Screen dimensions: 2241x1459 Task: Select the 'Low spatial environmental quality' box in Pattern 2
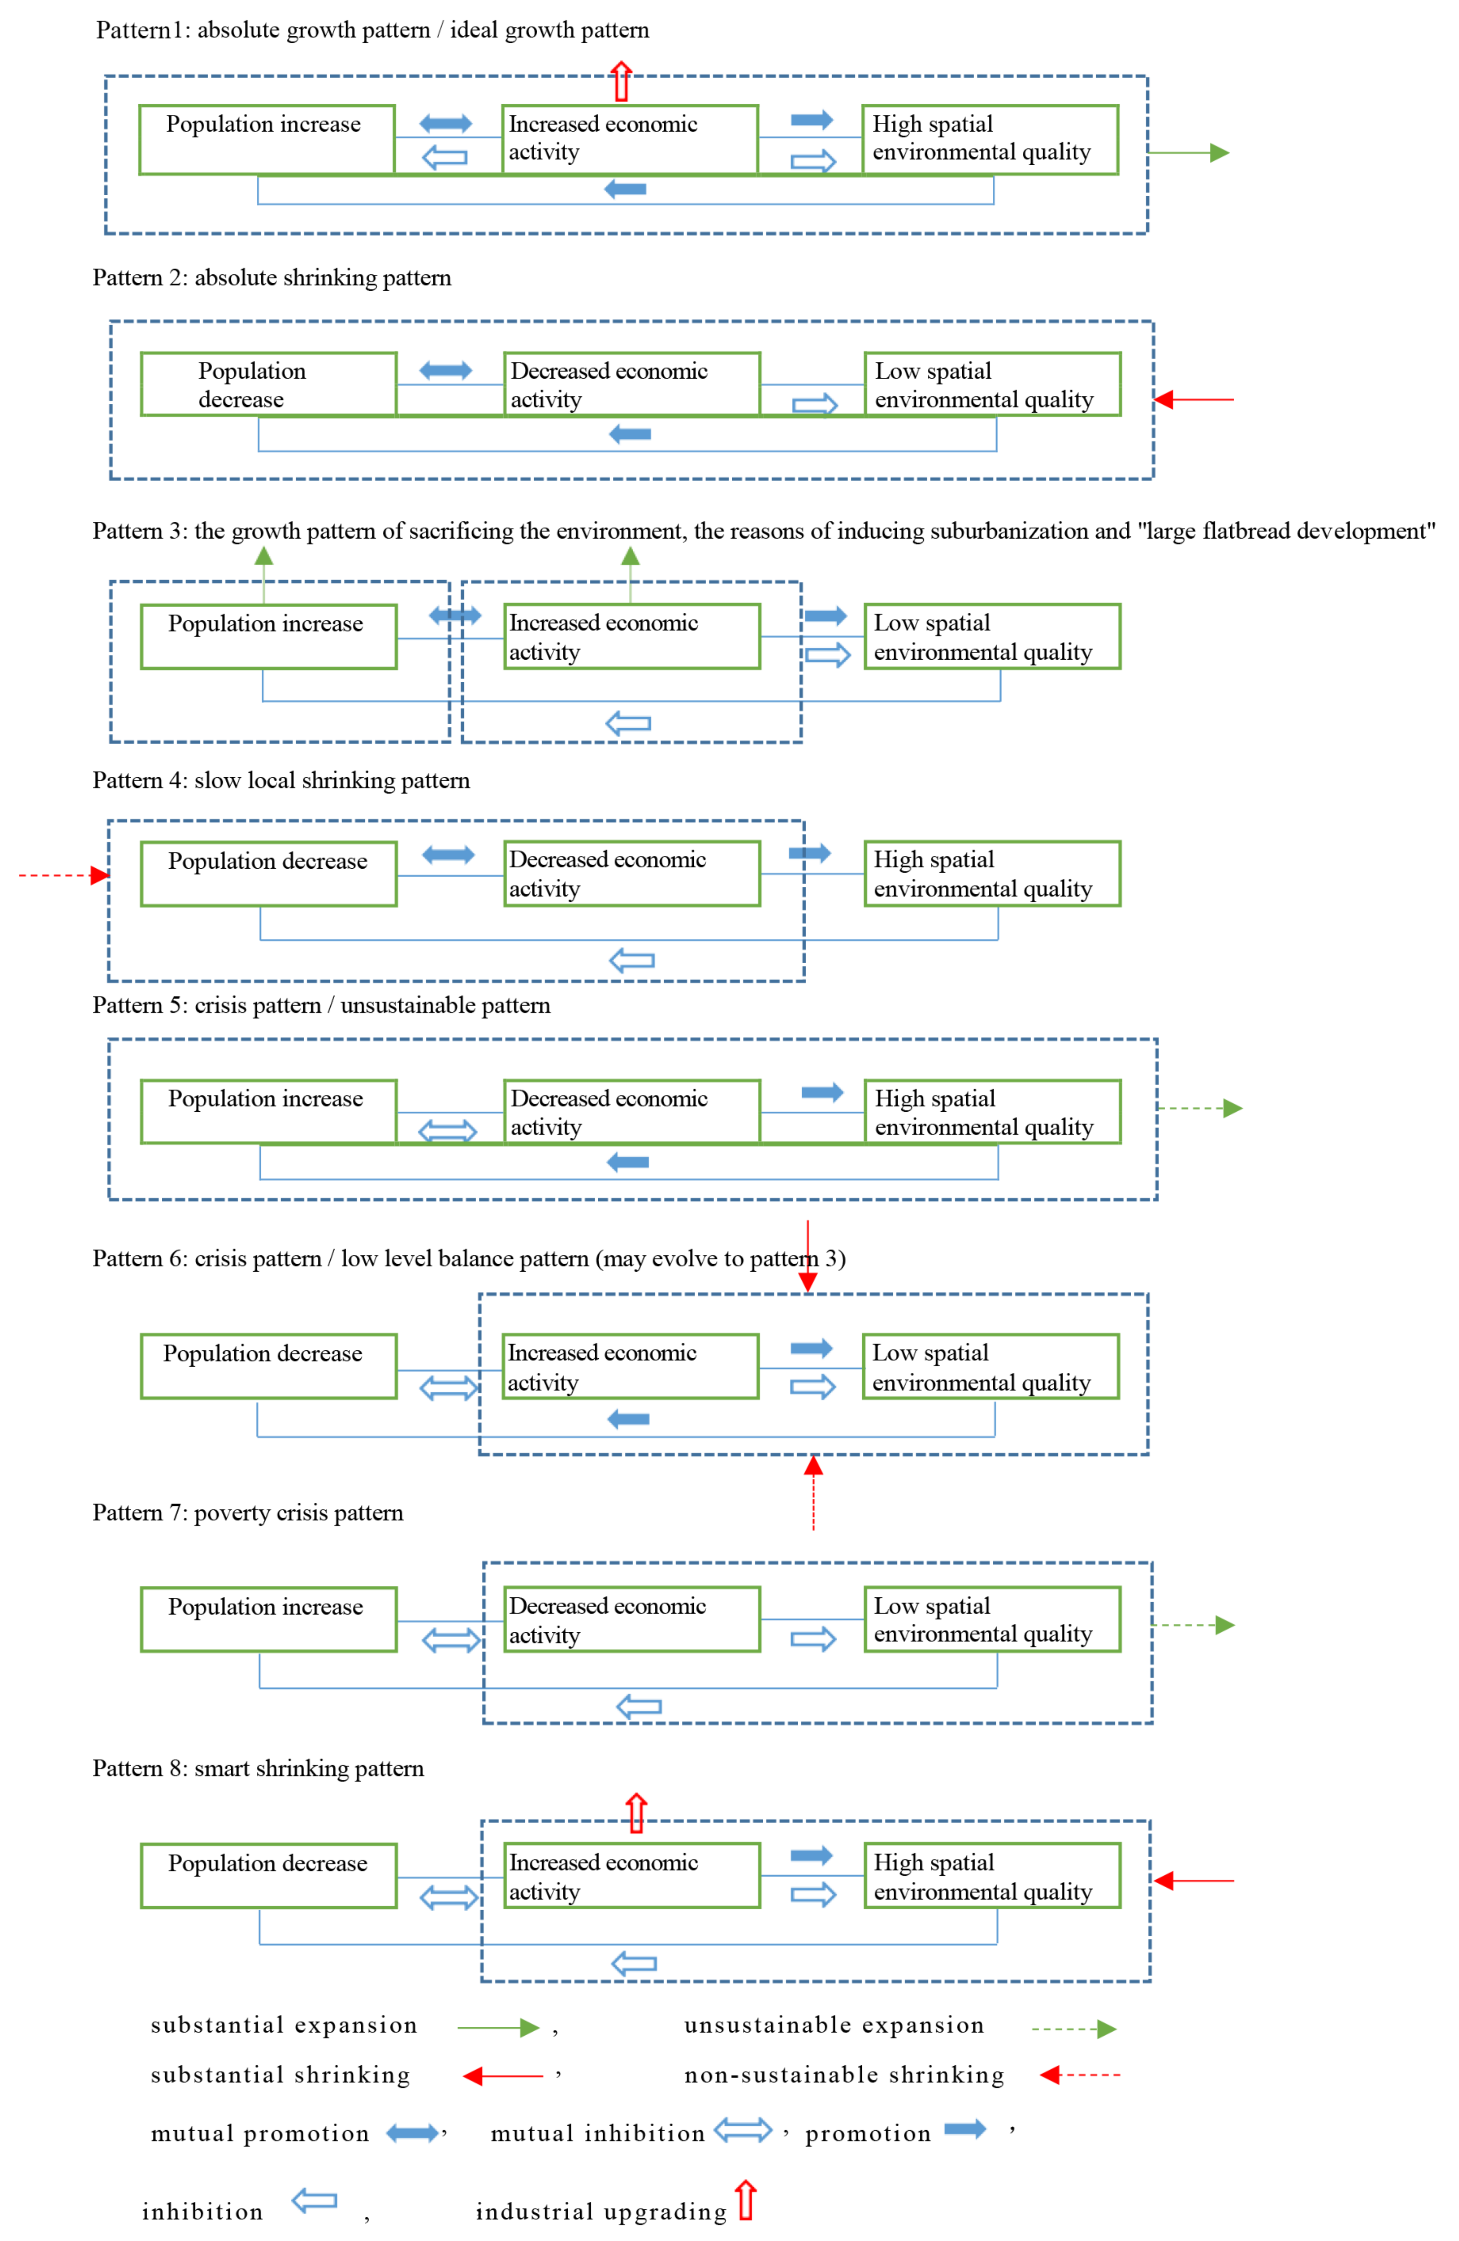[992, 384]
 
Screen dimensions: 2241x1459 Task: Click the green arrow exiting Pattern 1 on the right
[1189, 152]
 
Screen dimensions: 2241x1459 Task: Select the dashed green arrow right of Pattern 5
[1199, 1108]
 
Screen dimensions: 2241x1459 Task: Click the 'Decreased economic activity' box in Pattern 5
[631, 1112]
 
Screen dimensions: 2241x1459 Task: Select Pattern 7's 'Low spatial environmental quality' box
[992, 1619]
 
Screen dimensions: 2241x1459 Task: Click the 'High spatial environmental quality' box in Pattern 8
[992, 1876]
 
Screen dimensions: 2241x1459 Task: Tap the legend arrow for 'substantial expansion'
[497, 2027]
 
